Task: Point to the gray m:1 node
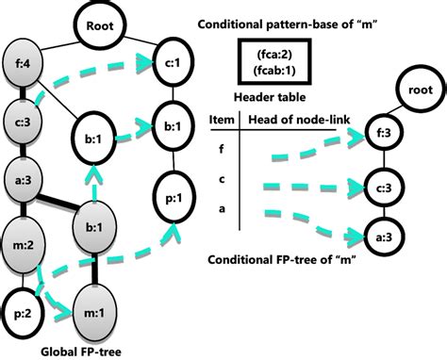tap(95, 313)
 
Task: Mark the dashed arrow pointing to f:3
tap(311, 141)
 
